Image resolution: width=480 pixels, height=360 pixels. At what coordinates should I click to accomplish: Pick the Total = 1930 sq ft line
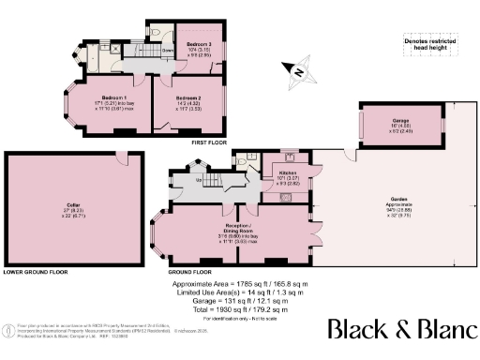tap(239, 308)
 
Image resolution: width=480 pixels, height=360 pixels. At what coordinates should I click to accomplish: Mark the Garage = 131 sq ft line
tap(239, 300)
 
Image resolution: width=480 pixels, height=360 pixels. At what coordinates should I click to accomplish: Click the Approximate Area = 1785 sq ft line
tap(240, 282)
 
